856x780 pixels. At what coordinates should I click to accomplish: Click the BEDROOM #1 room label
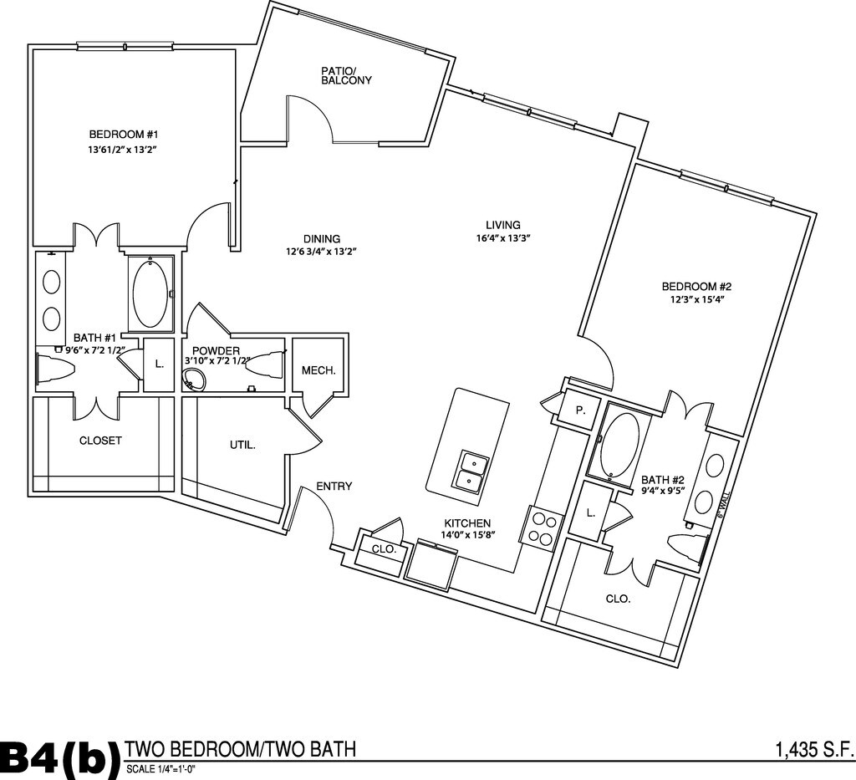pyautogui.click(x=124, y=135)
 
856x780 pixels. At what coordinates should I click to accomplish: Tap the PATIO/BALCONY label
pyautogui.click(x=346, y=75)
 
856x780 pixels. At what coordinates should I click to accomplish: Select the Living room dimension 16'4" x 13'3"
pyautogui.click(x=503, y=238)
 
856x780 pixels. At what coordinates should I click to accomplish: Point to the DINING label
pyautogui.click(x=322, y=238)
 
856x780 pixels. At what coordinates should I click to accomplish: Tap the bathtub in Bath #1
pyautogui.click(x=150, y=293)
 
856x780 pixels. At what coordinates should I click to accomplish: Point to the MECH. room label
pyautogui.click(x=318, y=370)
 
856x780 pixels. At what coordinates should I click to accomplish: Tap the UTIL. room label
pyautogui.click(x=242, y=446)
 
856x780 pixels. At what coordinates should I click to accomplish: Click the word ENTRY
pyautogui.click(x=334, y=487)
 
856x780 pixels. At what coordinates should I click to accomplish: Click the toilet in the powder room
pyautogui.click(x=265, y=367)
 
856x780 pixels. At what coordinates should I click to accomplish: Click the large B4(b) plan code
pyautogui.click(x=59, y=757)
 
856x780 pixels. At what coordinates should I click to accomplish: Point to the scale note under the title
pyautogui.click(x=160, y=769)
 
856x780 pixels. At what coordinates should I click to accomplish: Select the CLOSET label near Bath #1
pyautogui.click(x=100, y=441)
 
